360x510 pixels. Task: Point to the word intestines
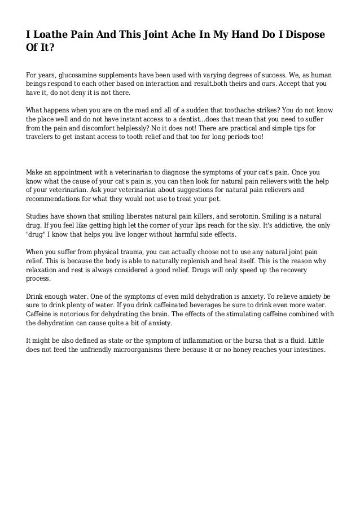[x=306, y=350]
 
